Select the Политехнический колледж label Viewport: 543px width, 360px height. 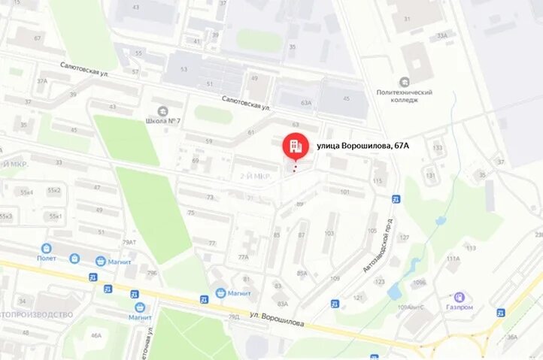(405, 96)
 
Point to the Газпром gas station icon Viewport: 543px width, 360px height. (459, 298)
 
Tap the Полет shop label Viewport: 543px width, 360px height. (47, 258)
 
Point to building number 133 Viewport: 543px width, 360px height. (437, 147)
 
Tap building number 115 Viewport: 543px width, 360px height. (377, 181)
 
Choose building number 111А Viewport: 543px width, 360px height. (453, 259)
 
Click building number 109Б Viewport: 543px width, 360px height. (419, 283)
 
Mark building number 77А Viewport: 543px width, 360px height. (243, 257)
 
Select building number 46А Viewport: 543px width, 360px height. (96, 335)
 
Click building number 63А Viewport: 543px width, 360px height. (305, 103)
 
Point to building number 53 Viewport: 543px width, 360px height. (184, 69)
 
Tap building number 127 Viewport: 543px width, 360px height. (404, 237)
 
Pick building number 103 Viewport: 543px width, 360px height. (329, 234)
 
